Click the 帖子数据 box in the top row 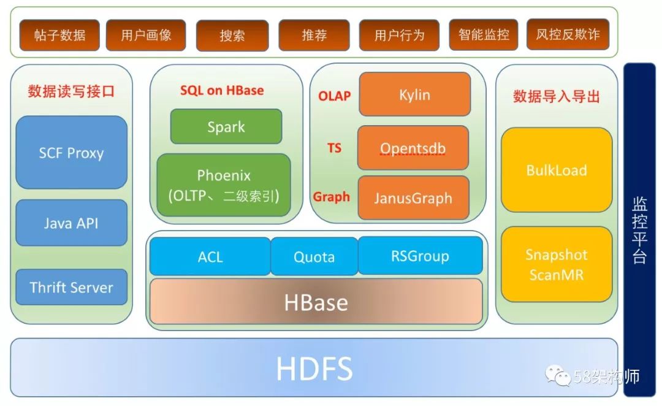coord(59,34)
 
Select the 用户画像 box coord(146,34)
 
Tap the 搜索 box coord(232,35)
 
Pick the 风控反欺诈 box coord(568,34)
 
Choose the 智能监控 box coord(484,34)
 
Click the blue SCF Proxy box coord(71,153)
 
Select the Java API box coord(71,223)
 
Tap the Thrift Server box coord(71,287)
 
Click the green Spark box coord(226,127)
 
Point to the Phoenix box coord(224,185)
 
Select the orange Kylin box coord(414,94)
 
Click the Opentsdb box coord(413,148)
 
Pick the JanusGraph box coord(413,198)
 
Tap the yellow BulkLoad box coord(557,170)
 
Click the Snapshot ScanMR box coord(557,264)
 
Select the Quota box coord(314,256)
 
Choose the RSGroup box coord(420,256)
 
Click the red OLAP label coord(334,96)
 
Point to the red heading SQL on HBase coord(222,90)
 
